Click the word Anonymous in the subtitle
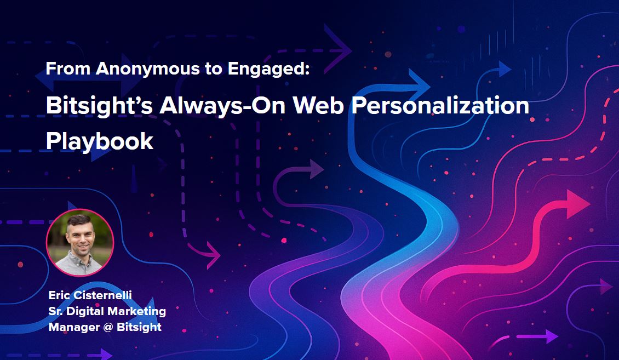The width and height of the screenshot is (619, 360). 148,69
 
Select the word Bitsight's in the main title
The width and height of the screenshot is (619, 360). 99,106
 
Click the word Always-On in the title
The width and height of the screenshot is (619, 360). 222,106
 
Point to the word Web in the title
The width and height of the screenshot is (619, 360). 318,105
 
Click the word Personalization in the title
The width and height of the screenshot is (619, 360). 440,105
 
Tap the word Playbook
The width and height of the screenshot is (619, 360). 100,141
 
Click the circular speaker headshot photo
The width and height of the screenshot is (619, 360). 80,242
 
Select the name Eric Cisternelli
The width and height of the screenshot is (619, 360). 90,295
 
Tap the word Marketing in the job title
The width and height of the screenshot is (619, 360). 136,311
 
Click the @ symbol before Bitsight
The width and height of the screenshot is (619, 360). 108,327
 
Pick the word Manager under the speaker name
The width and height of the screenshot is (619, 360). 74,327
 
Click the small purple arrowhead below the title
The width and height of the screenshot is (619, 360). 317,169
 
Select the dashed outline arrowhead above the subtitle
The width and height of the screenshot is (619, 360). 337,49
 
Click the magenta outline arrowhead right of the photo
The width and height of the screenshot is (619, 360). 213,255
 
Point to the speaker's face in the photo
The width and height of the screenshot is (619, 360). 80,237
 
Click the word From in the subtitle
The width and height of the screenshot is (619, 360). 68,69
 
